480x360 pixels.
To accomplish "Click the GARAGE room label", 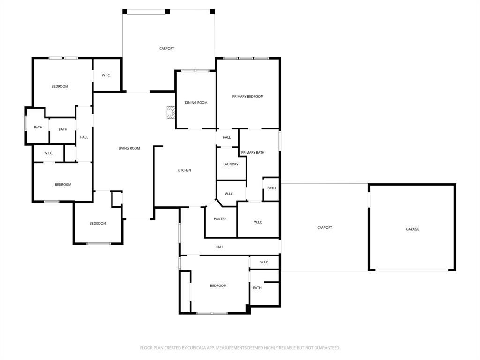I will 412,229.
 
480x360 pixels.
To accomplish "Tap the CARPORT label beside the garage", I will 324,228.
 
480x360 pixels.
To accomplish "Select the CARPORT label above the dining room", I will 166,49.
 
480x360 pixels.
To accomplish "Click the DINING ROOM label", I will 196,103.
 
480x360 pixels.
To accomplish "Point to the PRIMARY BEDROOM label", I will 247,97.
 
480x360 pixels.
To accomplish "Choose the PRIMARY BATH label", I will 253,153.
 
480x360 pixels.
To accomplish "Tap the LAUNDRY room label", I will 231,165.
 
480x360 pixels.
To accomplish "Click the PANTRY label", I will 220,219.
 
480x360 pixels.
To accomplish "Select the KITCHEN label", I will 184,170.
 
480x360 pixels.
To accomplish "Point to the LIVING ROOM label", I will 129,149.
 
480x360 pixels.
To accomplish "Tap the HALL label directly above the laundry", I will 226,138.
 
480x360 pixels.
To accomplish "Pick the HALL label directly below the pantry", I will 219,247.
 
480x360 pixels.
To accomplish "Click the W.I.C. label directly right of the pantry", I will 258,222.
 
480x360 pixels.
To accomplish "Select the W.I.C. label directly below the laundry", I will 229,194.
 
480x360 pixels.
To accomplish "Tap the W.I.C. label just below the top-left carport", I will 106,75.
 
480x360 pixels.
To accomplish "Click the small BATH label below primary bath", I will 271,188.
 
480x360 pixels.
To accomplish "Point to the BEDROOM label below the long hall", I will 218,286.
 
